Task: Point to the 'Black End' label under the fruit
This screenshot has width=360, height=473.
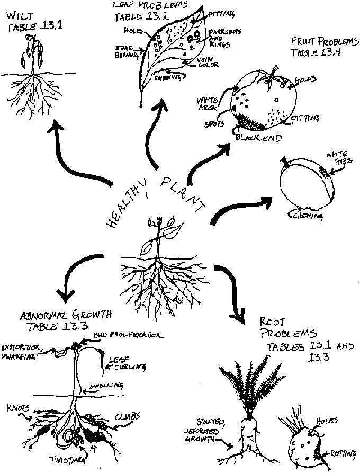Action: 259,137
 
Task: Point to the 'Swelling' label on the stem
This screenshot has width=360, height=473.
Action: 102,386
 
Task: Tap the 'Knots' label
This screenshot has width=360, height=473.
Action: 17,408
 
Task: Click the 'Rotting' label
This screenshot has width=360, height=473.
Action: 343,454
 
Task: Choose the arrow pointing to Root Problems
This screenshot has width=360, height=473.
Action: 233,291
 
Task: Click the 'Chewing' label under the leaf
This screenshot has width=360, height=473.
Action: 168,77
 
